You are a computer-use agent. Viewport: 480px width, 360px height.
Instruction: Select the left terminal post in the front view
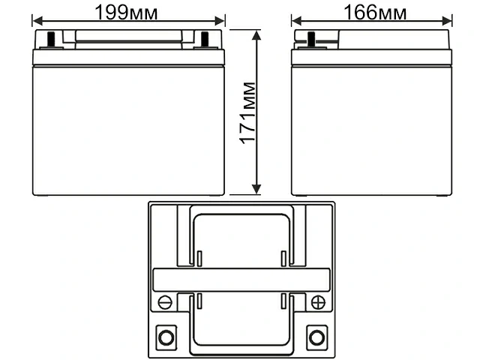51,40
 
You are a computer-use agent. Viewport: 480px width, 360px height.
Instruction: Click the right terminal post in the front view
207,40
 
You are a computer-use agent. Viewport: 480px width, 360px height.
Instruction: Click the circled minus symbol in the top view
166,302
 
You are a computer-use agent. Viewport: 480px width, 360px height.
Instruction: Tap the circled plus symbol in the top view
317,302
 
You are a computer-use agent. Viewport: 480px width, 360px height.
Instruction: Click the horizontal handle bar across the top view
241,280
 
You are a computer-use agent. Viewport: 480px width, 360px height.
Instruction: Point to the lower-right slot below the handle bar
283,301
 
